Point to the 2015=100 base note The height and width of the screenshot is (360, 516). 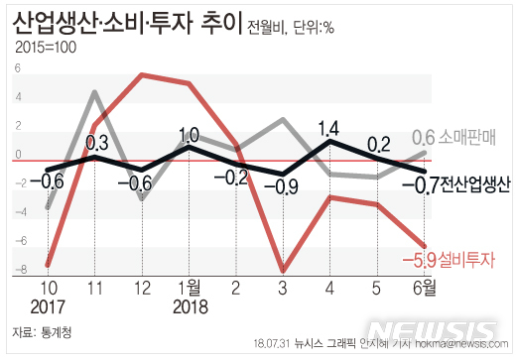47,48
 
